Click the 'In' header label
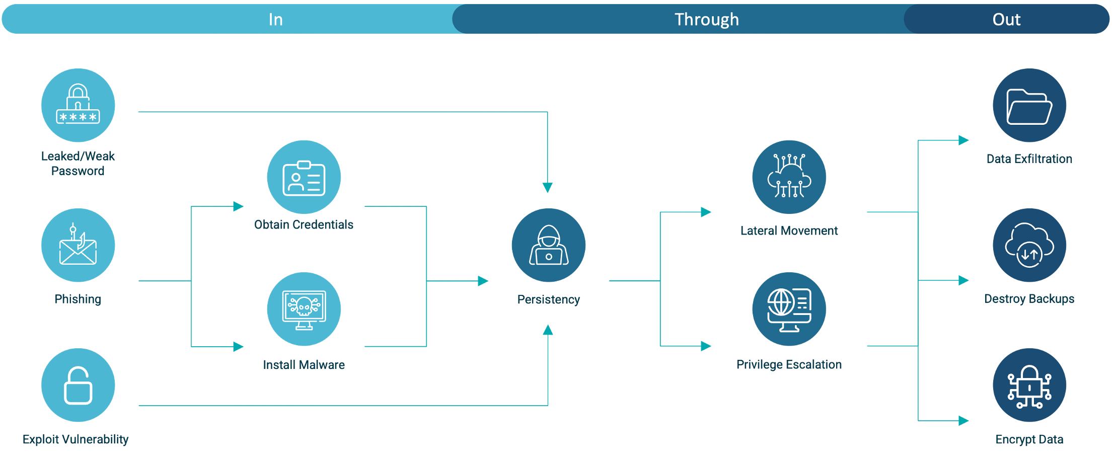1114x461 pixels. (x=275, y=20)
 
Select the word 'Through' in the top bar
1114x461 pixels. (x=706, y=20)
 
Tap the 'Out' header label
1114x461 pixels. (x=1006, y=20)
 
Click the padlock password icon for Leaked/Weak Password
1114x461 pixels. (x=78, y=105)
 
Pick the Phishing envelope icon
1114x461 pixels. (x=78, y=245)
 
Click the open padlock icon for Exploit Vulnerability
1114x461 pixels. (x=78, y=385)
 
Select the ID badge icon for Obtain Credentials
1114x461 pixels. (x=304, y=177)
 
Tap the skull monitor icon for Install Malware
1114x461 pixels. (x=304, y=309)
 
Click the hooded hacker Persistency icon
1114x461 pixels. (x=548, y=245)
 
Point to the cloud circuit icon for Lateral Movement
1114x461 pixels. (x=789, y=177)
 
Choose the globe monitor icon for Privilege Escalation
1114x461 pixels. (x=789, y=309)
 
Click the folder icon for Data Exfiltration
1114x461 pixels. (x=1029, y=105)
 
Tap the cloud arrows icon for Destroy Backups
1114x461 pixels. (x=1029, y=245)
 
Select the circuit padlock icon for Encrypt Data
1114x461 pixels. (x=1029, y=385)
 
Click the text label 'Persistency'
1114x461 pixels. (x=548, y=299)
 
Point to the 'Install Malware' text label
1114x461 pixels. (x=304, y=365)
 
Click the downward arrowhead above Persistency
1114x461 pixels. (x=548, y=188)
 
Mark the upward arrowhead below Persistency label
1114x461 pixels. (x=548, y=330)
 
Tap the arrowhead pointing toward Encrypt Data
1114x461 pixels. (x=963, y=420)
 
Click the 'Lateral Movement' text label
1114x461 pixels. (x=789, y=231)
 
